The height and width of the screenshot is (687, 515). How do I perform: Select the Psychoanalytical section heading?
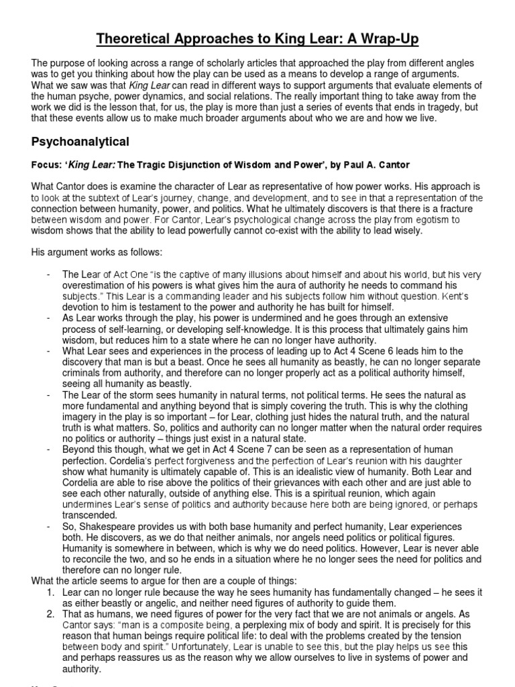tap(80, 142)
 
